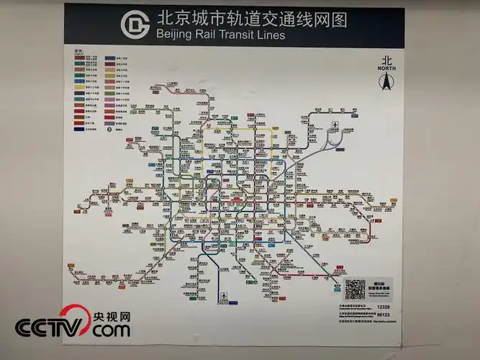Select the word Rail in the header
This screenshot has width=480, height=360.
click(x=216, y=35)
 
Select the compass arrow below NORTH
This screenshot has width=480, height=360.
click(x=386, y=83)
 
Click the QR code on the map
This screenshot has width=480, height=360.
click(x=355, y=289)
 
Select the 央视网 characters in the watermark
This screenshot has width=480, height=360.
click(x=111, y=316)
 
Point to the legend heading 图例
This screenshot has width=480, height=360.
click(x=78, y=51)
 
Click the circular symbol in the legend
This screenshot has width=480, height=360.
click(x=109, y=130)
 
